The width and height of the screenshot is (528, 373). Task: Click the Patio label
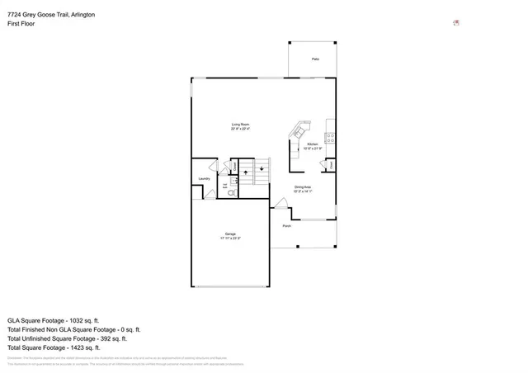coord(315,60)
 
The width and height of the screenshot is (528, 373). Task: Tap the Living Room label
coord(240,126)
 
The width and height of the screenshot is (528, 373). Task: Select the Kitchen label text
coord(313,145)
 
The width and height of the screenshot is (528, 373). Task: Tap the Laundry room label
coord(204,178)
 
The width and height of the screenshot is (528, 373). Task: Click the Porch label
coord(286,226)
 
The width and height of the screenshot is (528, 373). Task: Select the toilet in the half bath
coord(232,191)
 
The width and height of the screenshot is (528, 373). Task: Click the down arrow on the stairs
coord(262,169)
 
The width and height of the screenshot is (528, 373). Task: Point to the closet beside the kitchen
coord(330,165)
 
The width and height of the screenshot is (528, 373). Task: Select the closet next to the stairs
coord(234,167)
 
